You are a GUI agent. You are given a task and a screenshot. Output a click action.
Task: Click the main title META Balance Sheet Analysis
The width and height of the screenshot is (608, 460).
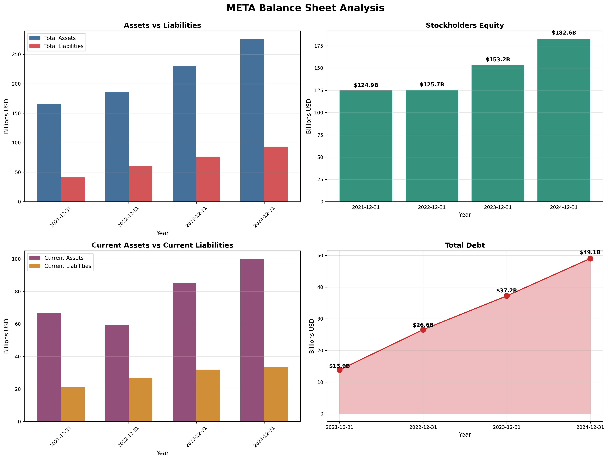coord(305,8)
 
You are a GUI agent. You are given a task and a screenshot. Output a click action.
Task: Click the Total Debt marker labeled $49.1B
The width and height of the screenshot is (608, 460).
coord(590,259)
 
